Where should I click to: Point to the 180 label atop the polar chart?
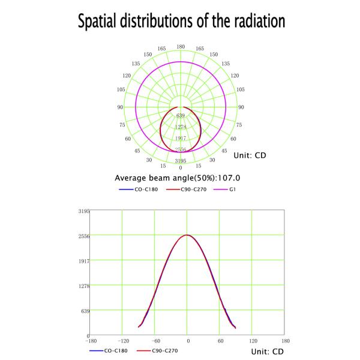pyautogui.click(x=181, y=46)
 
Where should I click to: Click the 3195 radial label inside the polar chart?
pyautogui.click(x=181, y=161)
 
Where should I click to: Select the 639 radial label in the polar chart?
pyautogui.click(x=181, y=115)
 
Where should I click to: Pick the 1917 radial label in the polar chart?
pyautogui.click(x=181, y=138)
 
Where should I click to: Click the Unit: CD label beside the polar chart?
pyautogui.click(x=249, y=155)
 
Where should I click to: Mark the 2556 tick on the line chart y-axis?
pyautogui.click(x=83, y=236)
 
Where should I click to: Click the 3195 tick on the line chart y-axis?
pyautogui.click(x=83, y=211)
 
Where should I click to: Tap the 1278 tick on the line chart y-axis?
pyautogui.click(x=83, y=286)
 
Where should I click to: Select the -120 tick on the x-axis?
pyautogui.click(x=122, y=341)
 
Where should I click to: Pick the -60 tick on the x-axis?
pyautogui.click(x=154, y=341)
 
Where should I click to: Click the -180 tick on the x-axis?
pyautogui.click(x=89, y=341)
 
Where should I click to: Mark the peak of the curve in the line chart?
pyautogui.click(x=187, y=235)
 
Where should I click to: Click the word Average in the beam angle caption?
pyautogui.click(x=131, y=178)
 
